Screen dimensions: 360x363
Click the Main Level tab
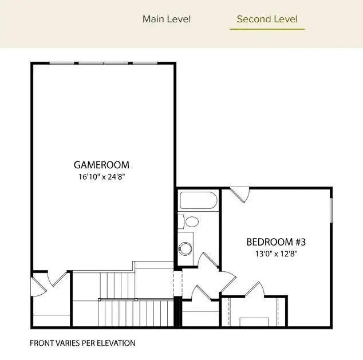[x=167, y=19]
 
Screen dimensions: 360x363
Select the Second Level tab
[x=267, y=19]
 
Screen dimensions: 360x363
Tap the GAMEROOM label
[x=101, y=165]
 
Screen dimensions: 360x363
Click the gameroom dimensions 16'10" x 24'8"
[x=101, y=177]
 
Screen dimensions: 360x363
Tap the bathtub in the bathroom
[x=198, y=201]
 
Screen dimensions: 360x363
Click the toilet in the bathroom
[x=190, y=221]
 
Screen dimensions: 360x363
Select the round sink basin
[x=186, y=248]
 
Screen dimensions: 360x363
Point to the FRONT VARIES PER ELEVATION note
[x=82, y=343]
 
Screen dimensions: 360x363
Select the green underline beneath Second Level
[x=267, y=29]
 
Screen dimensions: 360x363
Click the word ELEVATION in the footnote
[x=116, y=343]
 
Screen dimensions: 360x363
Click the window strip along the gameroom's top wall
[x=103, y=63]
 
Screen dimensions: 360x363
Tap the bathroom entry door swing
[x=207, y=260]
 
